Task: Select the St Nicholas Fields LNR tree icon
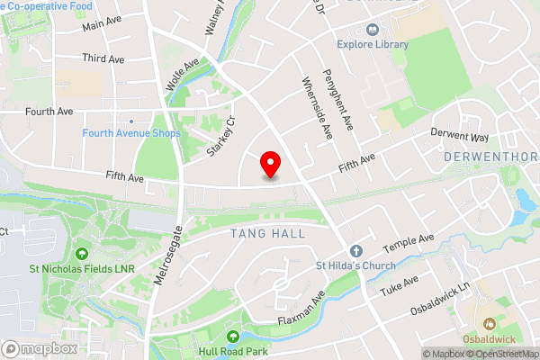(83, 254)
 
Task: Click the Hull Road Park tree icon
(233, 337)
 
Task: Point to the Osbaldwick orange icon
(490, 321)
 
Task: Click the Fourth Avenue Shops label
(131, 133)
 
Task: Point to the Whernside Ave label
(315, 108)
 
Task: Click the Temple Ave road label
(409, 242)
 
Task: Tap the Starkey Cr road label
(220, 136)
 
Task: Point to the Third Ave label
(105, 58)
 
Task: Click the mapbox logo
(39, 348)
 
